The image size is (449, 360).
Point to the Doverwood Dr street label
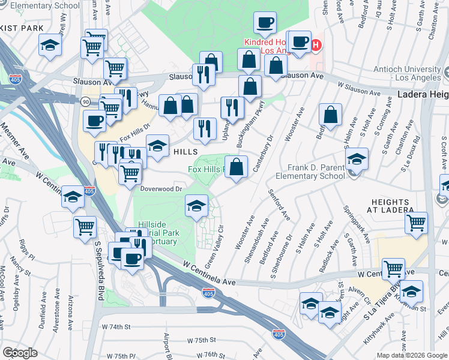pyautogui.click(x=161, y=188)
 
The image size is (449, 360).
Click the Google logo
pyautogui.click(x=20, y=352)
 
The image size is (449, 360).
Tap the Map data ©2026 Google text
pyautogui.click(x=411, y=355)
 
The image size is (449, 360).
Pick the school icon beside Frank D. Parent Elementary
pyautogui.click(x=357, y=159)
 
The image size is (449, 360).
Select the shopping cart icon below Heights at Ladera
pyautogui.click(x=416, y=223)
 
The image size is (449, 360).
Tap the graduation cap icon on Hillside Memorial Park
pyautogui.click(x=196, y=206)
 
